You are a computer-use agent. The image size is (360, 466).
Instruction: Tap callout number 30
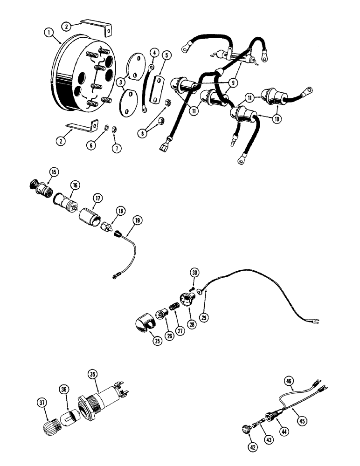[194, 273]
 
